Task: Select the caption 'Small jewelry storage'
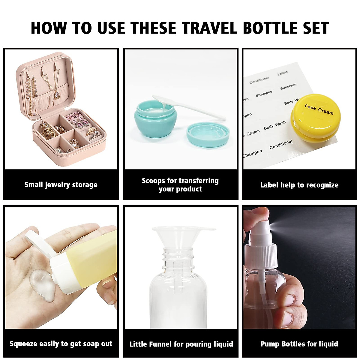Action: pyautogui.click(x=61, y=185)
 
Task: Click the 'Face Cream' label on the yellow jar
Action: pyautogui.click(x=319, y=109)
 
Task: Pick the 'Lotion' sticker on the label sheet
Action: pyautogui.click(x=282, y=73)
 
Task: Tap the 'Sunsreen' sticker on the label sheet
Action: pyautogui.click(x=288, y=87)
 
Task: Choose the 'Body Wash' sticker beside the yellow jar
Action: pyautogui.click(x=275, y=125)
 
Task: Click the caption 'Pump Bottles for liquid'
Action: pyautogui.click(x=299, y=344)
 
